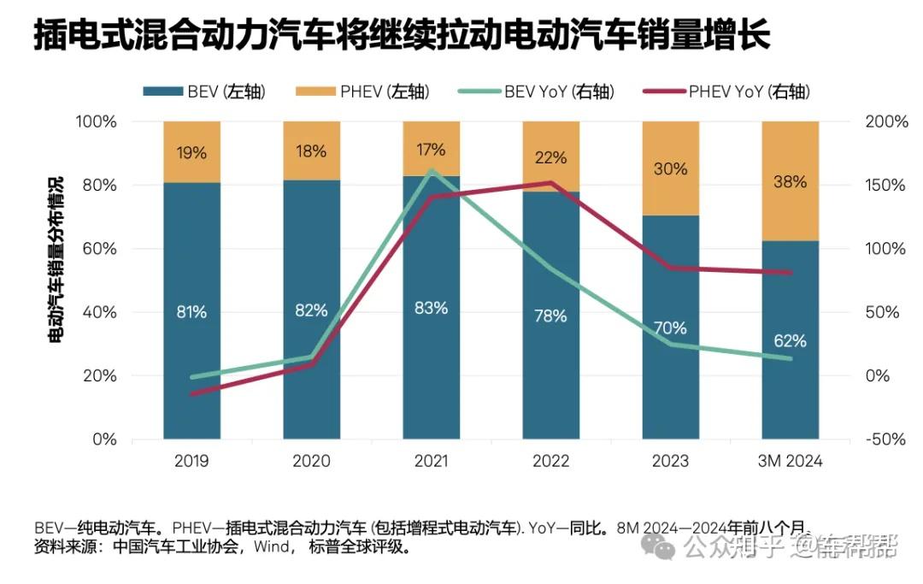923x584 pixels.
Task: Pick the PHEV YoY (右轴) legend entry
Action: click(727, 92)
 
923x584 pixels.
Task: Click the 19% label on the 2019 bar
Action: click(191, 154)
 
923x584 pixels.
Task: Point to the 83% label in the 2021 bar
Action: click(431, 308)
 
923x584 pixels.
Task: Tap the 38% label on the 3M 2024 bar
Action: click(789, 183)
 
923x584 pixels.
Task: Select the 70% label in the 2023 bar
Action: click(670, 328)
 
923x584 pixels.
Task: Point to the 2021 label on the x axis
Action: click(431, 462)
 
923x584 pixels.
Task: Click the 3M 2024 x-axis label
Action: click(789, 462)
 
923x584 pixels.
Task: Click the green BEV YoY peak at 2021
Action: click(431, 170)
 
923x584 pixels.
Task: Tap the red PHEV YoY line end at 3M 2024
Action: click(789, 273)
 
